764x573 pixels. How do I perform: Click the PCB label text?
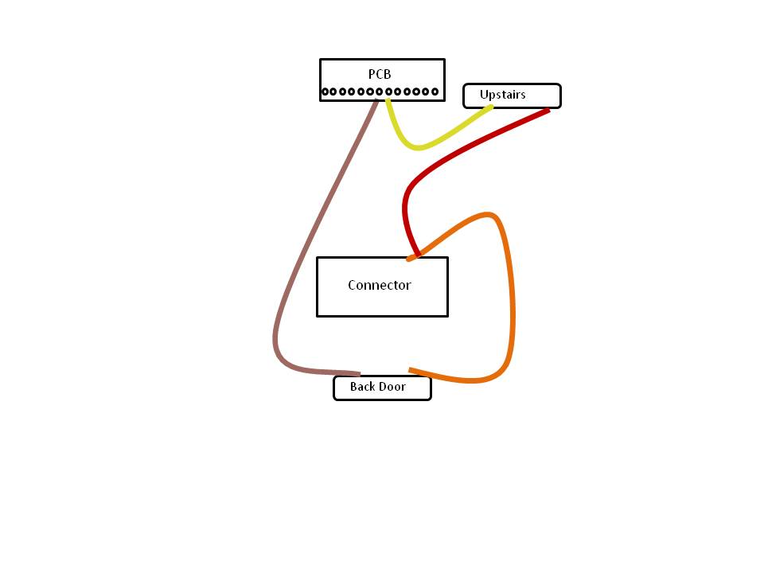click(380, 74)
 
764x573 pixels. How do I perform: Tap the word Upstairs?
click(502, 95)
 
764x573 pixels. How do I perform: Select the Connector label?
click(380, 285)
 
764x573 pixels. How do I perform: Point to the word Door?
click(392, 387)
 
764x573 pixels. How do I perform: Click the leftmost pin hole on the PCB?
click(325, 91)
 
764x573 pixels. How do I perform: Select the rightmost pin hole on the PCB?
click(435, 91)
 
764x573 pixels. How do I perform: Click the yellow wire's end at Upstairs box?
click(492, 107)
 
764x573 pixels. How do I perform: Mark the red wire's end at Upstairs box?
click(548, 111)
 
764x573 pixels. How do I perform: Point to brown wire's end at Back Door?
click(360, 374)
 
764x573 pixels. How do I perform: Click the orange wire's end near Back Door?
click(409, 370)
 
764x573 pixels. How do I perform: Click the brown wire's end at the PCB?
click(376, 100)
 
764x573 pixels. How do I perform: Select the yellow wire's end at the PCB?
click(388, 100)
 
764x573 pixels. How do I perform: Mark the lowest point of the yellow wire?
click(418, 148)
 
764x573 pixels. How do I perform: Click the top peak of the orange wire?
click(487, 214)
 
